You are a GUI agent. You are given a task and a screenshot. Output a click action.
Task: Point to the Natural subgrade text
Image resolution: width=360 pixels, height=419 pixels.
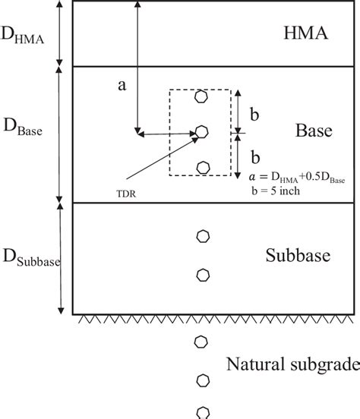(x=293, y=364)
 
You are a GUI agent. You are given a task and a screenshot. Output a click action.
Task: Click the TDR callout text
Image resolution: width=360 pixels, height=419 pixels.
(x=128, y=194)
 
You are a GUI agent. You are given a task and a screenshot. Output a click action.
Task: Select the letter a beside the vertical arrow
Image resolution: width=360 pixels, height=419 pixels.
(x=121, y=87)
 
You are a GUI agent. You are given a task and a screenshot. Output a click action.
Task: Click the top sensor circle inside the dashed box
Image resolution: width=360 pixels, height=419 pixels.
(x=201, y=96)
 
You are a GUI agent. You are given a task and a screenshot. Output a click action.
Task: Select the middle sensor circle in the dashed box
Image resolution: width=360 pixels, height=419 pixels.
(x=201, y=131)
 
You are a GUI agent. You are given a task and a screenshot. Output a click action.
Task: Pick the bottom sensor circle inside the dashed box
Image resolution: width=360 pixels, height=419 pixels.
(x=201, y=166)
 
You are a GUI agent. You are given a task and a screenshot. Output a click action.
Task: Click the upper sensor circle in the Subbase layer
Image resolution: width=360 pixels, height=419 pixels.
(x=201, y=236)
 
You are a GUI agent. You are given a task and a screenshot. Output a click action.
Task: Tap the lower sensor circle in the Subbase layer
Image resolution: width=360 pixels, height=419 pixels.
(x=201, y=274)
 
